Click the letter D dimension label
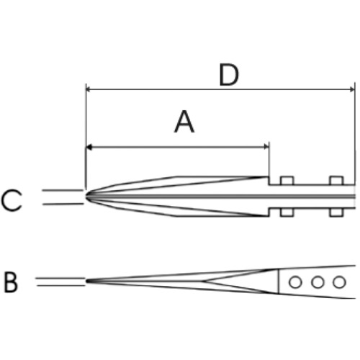[229, 75]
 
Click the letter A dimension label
[184, 122]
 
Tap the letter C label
[12, 200]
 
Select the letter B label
[11, 283]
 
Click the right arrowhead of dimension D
[352, 89]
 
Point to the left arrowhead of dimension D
[89, 89]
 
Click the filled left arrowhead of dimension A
[89, 147]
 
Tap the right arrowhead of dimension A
[266, 147]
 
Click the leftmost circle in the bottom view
[295, 282]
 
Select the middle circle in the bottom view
[318, 282]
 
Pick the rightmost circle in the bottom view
[339, 282]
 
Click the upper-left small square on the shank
[287, 181]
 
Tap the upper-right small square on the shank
[336, 181]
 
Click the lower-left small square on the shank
[287, 212]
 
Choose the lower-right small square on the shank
[336, 212]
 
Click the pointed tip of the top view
[86, 197]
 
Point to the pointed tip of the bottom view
[86, 281]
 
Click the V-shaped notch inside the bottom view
[202, 281]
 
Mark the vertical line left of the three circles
[279, 282]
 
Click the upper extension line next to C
[63, 190]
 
